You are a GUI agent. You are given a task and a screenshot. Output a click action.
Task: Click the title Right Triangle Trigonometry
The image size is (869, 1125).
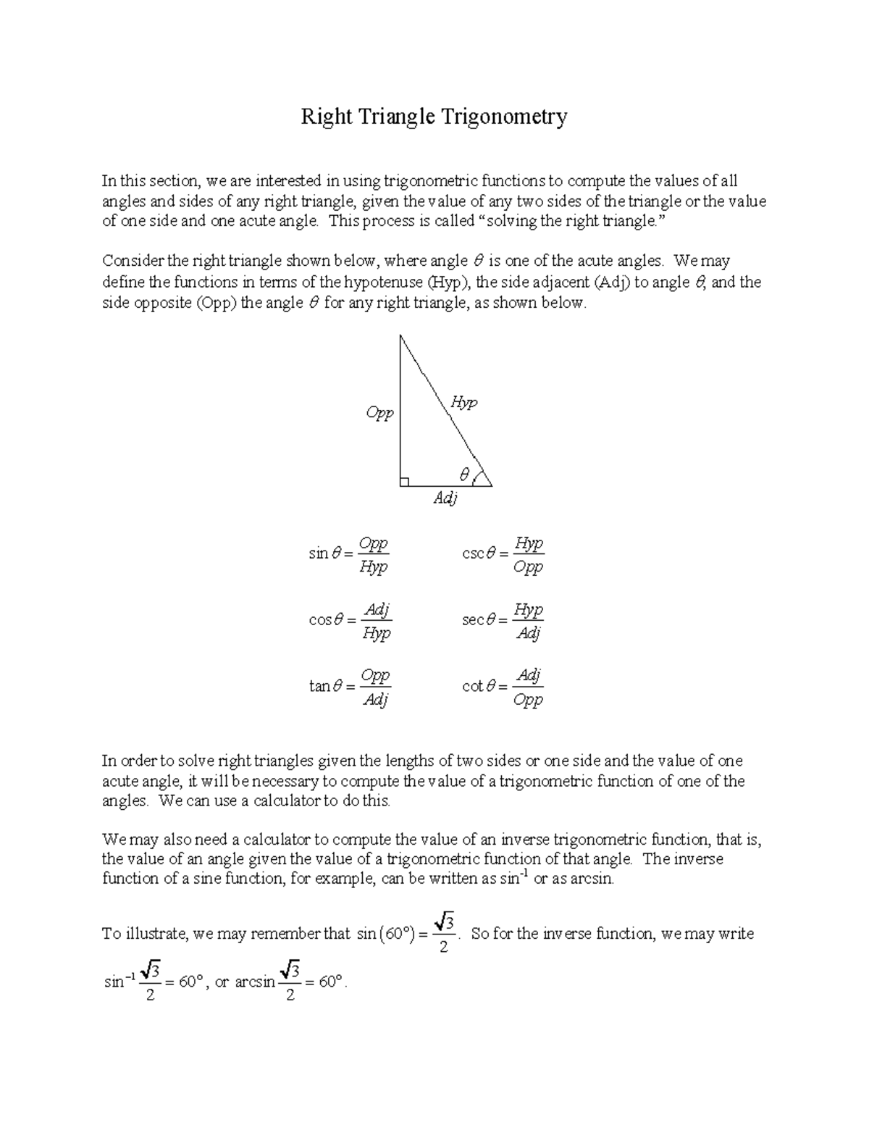(434, 117)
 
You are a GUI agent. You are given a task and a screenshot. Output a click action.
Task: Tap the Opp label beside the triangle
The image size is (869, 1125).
(379, 413)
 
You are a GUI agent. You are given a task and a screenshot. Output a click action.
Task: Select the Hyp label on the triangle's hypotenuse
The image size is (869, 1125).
(463, 402)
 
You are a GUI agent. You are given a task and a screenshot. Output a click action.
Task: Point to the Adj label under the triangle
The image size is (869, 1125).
(445, 498)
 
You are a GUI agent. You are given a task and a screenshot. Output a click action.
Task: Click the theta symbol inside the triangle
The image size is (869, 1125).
(464, 474)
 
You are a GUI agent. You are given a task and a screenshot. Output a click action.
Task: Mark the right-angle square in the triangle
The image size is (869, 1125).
(404, 481)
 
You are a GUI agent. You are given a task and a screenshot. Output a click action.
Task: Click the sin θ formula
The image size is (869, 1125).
(349, 554)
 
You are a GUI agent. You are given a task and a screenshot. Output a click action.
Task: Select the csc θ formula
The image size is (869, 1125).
(503, 554)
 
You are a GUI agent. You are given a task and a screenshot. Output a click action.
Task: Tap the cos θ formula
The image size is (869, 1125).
(350, 621)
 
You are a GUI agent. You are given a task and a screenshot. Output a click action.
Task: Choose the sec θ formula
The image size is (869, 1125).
(503, 621)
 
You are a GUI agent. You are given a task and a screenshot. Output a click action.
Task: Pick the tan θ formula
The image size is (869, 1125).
(350, 687)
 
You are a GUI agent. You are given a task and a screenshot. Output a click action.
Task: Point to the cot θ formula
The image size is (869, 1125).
(503, 687)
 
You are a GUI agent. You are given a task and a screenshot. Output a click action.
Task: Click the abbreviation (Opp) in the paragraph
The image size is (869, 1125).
(216, 304)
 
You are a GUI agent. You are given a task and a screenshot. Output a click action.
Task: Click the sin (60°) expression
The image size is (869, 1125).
(385, 934)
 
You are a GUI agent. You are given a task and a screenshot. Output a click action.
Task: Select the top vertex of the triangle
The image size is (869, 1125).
(400, 335)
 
